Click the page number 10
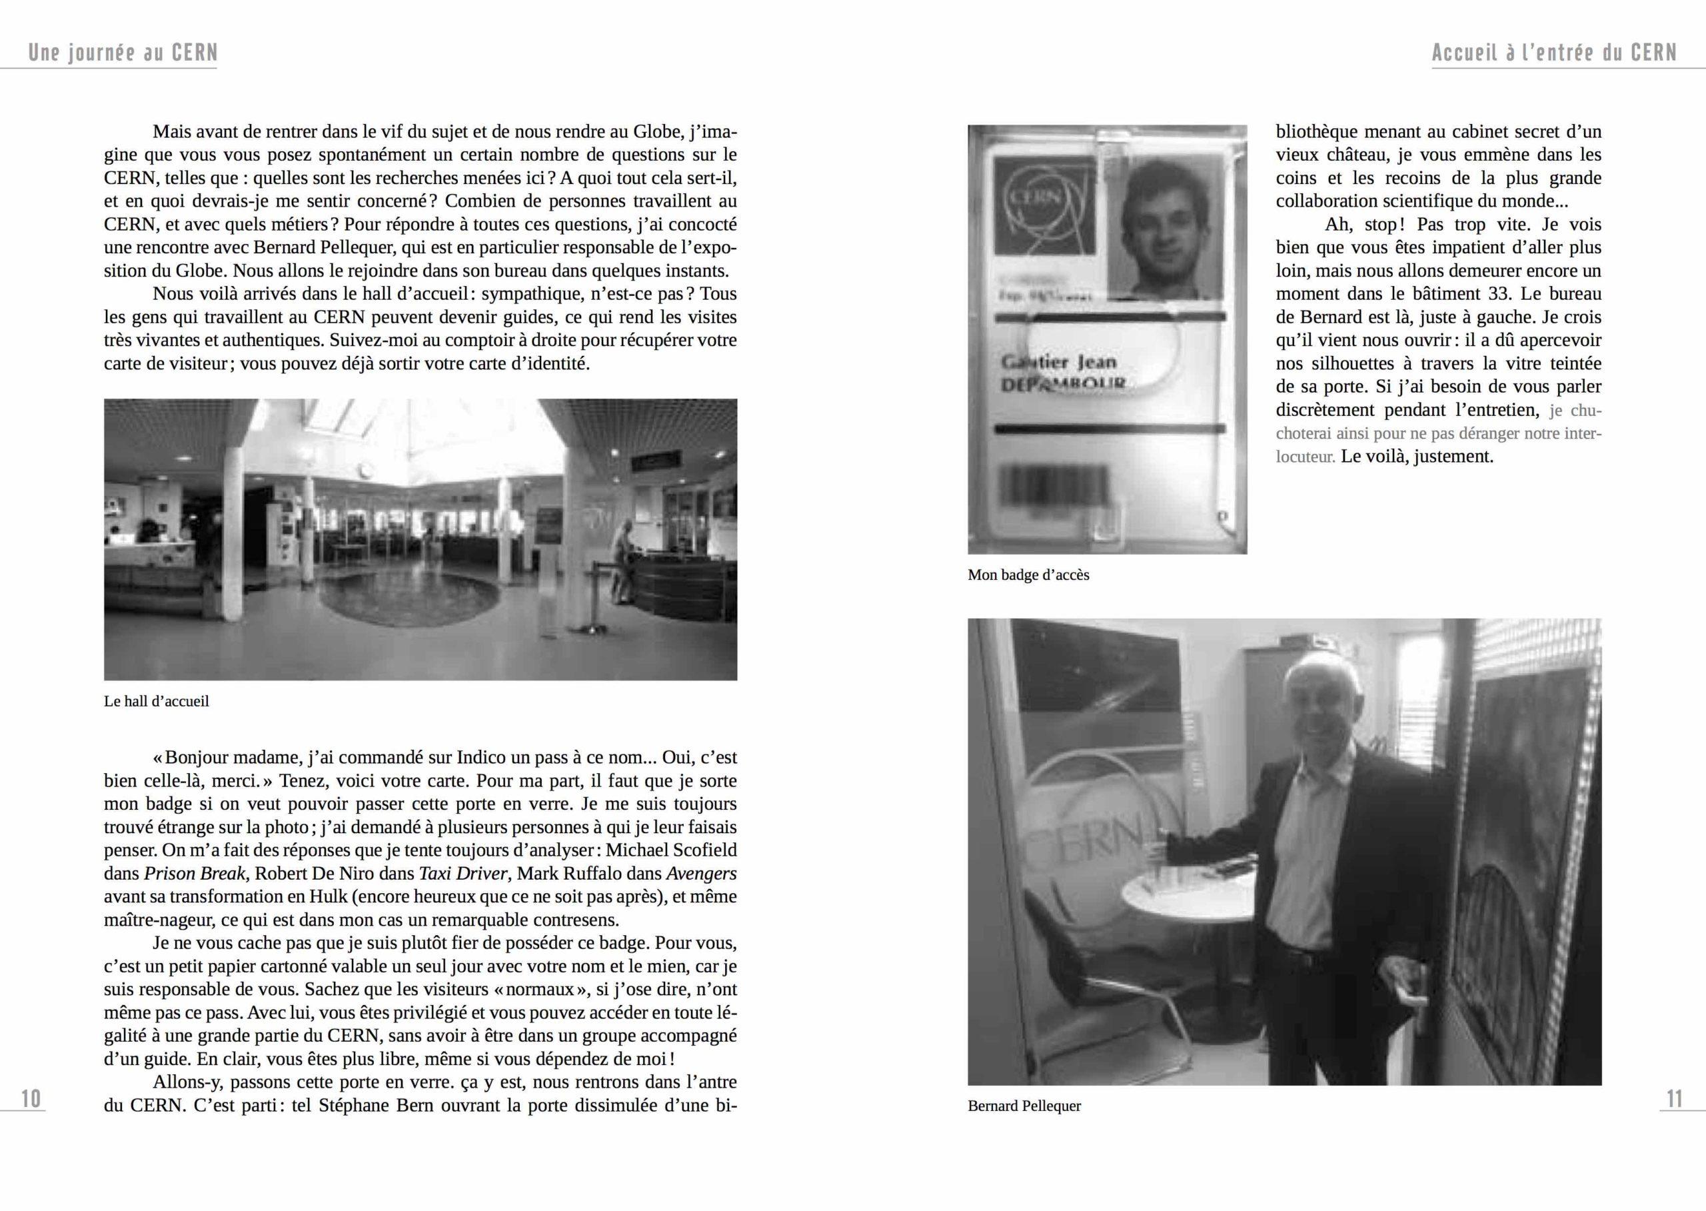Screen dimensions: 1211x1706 click(x=31, y=1098)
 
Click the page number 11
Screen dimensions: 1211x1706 click(x=1674, y=1098)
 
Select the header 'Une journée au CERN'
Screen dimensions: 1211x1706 click(x=123, y=53)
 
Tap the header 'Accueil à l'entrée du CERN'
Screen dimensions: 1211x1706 click(x=1554, y=53)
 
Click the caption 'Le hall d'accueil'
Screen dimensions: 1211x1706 click(x=157, y=702)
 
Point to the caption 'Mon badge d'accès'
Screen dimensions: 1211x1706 click(x=1028, y=575)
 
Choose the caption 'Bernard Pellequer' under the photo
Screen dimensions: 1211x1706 click(x=1024, y=1106)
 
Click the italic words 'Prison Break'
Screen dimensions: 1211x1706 click(x=194, y=873)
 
